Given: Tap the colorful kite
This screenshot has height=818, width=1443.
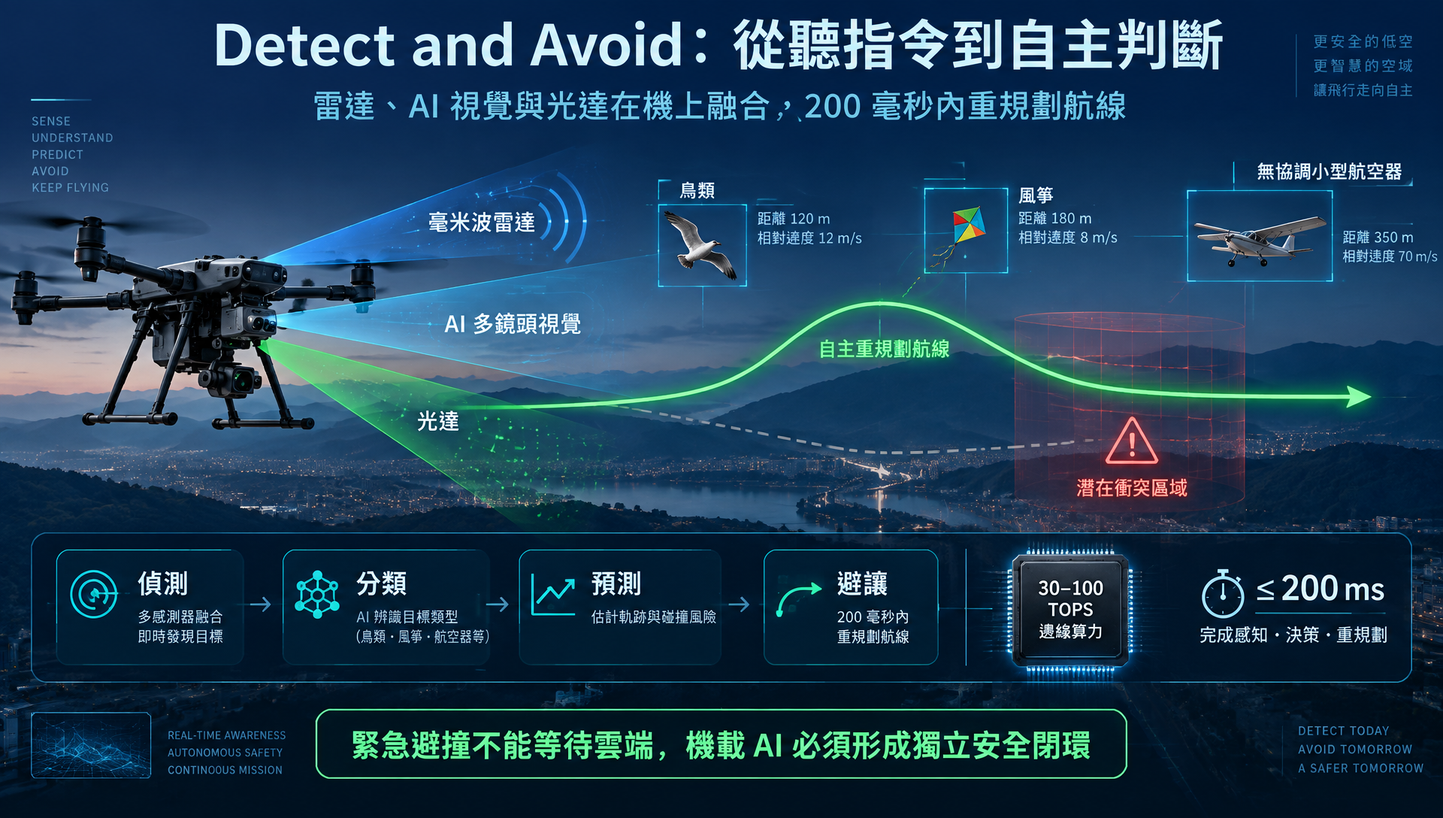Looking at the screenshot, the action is [x=967, y=225].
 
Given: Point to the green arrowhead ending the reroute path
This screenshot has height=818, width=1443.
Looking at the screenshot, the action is [x=1359, y=396].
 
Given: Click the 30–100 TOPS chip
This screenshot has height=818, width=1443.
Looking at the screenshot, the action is [x=1070, y=610].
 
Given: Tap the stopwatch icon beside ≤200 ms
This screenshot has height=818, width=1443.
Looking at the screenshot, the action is [x=1223, y=594].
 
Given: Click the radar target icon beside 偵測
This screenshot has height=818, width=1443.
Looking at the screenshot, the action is [x=94, y=594].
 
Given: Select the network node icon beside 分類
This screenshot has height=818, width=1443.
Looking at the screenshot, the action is [x=317, y=594].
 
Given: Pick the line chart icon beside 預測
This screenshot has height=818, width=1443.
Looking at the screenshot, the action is [x=553, y=594].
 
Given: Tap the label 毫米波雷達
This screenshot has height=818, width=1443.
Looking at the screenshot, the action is [x=482, y=223].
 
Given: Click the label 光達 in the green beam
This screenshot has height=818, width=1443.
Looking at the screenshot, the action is [x=438, y=421].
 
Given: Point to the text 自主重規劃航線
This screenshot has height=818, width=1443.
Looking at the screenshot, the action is [x=884, y=349].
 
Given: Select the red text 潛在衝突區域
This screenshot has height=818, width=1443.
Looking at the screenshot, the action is [x=1132, y=488].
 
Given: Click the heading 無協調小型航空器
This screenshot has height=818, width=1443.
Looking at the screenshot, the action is [x=1330, y=171].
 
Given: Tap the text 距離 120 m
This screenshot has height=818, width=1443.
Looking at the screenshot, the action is [x=794, y=219].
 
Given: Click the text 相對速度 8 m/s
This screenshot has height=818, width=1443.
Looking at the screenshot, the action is [x=1068, y=238].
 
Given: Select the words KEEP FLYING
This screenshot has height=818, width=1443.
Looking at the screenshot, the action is [x=70, y=187].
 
